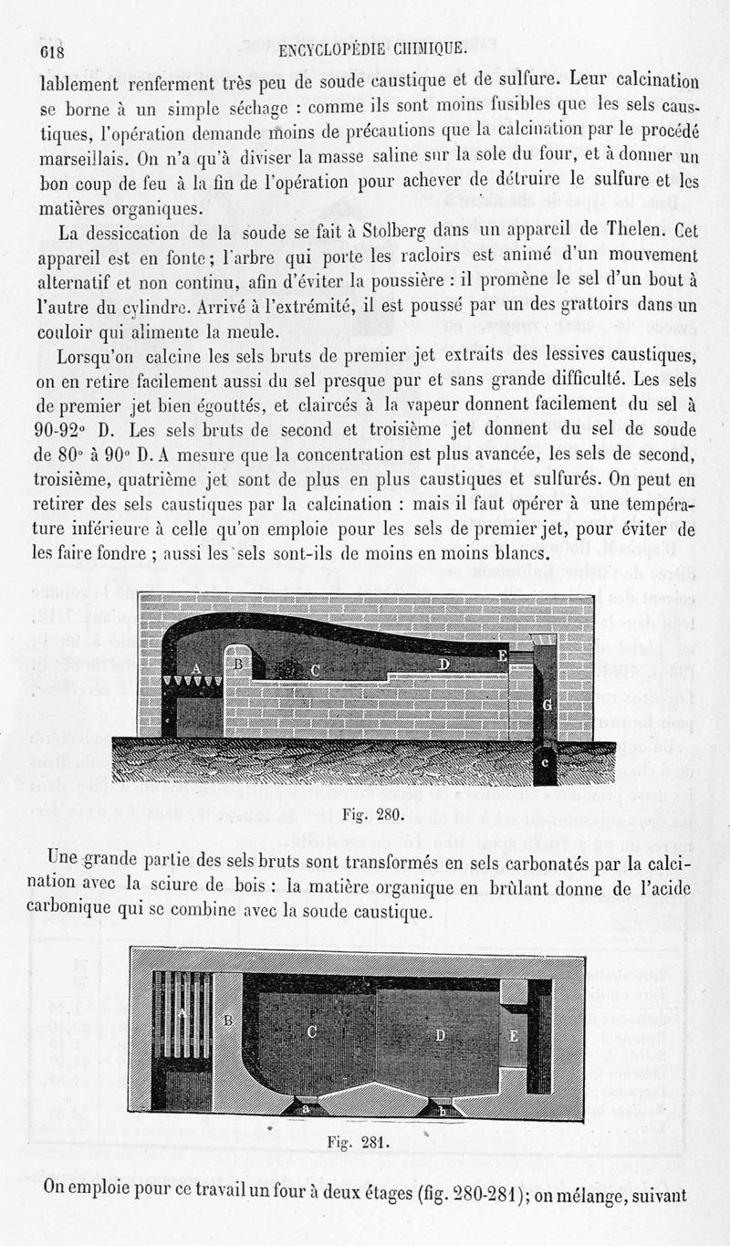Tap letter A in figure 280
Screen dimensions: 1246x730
(195, 667)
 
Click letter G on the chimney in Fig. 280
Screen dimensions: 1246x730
(546, 704)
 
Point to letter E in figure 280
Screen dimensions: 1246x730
(503, 654)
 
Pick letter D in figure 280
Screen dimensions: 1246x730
(443, 664)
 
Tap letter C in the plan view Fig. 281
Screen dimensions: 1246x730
(312, 1031)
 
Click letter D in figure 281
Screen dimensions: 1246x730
(440, 1034)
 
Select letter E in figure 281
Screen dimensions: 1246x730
(513, 1036)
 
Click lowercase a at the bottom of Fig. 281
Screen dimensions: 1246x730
(306, 1109)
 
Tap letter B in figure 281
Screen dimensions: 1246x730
(228, 1020)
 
